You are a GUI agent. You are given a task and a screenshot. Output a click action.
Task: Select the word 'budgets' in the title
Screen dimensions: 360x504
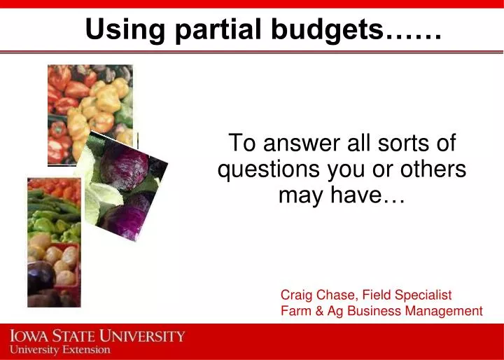[328, 29]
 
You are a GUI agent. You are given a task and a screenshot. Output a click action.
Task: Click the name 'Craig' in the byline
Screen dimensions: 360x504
[297, 295]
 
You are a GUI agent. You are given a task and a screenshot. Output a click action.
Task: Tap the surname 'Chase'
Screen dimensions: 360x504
[338, 295]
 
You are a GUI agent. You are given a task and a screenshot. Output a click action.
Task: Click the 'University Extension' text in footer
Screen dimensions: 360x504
[60, 349]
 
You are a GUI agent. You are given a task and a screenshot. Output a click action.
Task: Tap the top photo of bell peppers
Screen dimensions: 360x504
[89, 112]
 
